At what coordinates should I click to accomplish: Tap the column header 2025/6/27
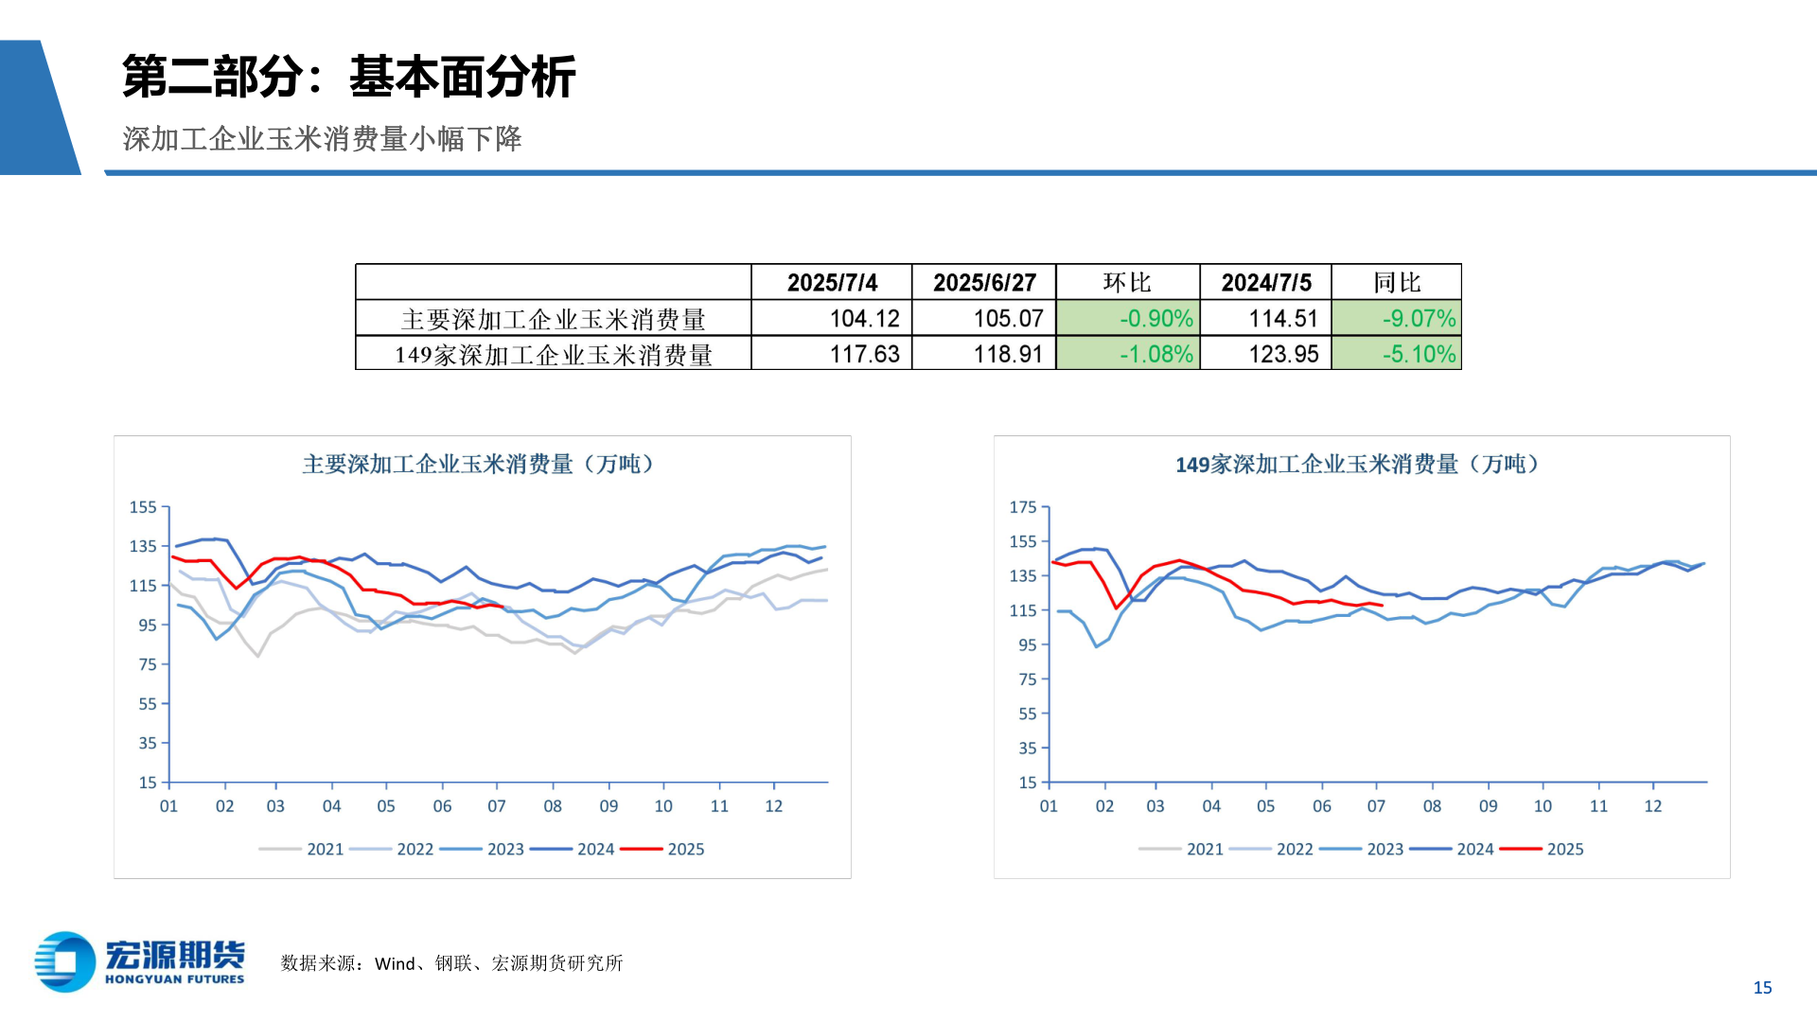983,283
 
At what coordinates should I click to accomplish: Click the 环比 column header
1127,283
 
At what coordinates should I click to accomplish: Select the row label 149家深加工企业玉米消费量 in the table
554,355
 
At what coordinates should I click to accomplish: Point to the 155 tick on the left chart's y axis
143,507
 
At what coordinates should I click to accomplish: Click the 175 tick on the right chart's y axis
1023,507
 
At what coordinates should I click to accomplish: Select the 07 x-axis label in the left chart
497,806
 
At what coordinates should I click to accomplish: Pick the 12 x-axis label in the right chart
1652,806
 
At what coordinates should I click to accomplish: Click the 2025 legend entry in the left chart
685,850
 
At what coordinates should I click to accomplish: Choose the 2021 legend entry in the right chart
1204,850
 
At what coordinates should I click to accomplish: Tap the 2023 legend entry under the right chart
1385,850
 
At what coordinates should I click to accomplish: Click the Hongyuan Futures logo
140,962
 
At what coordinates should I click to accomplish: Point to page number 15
1762,988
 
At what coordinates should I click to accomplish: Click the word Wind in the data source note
395,964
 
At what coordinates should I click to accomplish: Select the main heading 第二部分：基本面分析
348,77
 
